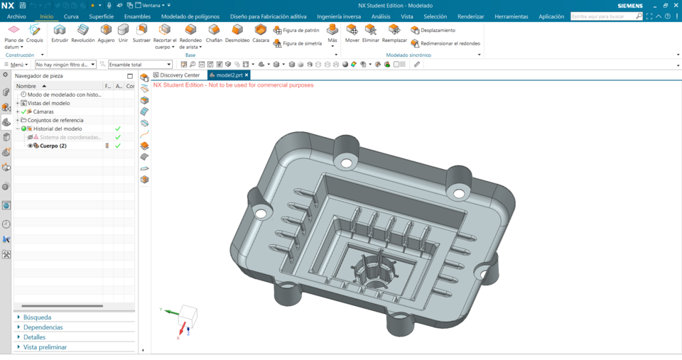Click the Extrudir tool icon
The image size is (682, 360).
click(x=60, y=30)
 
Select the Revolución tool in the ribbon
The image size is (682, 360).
click(x=83, y=30)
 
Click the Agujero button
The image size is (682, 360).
click(x=106, y=30)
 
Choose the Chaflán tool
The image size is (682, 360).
click(x=214, y=30)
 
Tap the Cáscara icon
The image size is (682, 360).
click(x=261, y=30)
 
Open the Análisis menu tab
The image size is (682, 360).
click(x=381, y=16)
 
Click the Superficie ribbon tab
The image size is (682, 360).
click(x=102, y=16)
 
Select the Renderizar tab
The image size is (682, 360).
click(x=470, y=16)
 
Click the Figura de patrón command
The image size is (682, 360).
click(x=296, y=31)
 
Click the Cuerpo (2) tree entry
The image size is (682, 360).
click(x=53, y=146)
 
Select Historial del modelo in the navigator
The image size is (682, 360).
click(x=58, y=129)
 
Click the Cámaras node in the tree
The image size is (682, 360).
click(x=43, y=111)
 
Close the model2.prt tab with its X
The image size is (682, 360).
click(x=247, y=75)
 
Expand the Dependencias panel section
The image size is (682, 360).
click(x=43, y=327)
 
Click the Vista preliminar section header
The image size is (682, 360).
click(x=45, y=347)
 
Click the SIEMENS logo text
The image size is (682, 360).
click(x=629, y=6)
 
